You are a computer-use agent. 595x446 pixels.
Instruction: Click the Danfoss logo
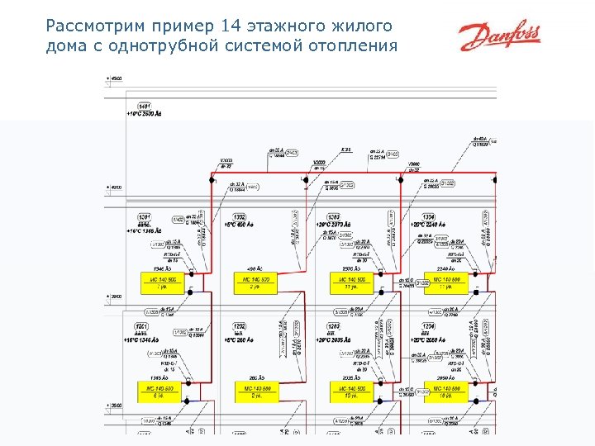point(500,36)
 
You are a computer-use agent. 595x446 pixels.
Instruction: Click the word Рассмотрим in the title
point(88,26)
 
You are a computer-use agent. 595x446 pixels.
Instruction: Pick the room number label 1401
point(145,106)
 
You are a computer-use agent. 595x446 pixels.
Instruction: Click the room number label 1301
point(145,216)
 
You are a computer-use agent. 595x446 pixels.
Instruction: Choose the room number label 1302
point(240,216)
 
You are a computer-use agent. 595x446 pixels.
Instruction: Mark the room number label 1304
point(430,216)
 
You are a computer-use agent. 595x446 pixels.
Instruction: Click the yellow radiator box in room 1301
point(163,283)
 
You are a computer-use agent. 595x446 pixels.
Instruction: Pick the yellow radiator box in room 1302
point(256,283)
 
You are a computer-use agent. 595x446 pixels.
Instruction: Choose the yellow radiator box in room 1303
point(351,283)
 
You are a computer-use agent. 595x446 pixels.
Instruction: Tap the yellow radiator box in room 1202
point(256,391)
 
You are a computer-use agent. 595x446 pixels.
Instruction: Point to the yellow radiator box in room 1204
point(446,391)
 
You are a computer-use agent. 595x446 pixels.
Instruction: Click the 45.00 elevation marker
point(117,78)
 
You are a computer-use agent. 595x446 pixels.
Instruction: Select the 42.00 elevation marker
point(117,187)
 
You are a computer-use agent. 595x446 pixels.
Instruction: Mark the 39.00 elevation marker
point(117,297)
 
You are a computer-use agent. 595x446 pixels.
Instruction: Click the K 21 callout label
point(346,150)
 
